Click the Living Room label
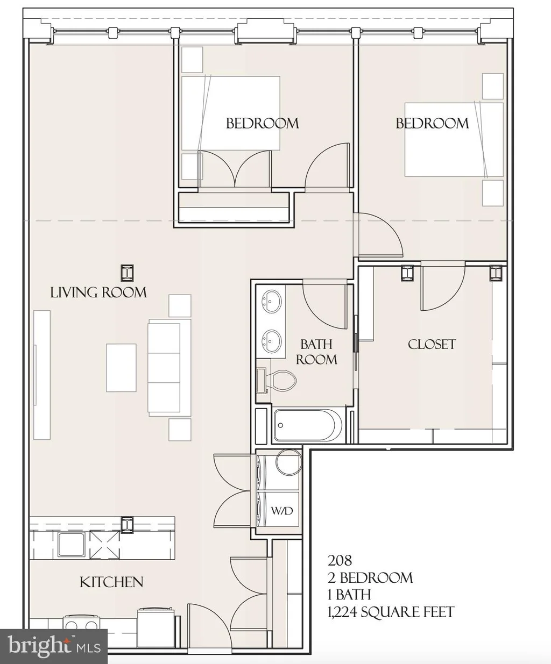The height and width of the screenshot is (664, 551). coord(98,292)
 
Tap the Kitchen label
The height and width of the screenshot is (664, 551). coord(111,582)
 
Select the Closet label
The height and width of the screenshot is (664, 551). coord(432,345)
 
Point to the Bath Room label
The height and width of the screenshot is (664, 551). coord(316,352)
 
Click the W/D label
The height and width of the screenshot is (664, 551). coord(282,511)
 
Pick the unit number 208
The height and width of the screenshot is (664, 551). coord(340,561)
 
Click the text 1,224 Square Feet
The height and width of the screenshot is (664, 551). coord(391,612)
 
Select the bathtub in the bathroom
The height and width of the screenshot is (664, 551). coord(308,425)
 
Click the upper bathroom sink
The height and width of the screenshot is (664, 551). coord(271,300)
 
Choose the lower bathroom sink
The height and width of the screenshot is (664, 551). coord(271,340)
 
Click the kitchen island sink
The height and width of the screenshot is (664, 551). coord(71,545)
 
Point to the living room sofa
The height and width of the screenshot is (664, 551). coord(169,368)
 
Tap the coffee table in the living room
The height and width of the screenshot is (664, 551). coord(121,368)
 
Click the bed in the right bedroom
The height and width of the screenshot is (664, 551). coord(454,139)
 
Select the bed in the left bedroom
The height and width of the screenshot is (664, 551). coord(230,113)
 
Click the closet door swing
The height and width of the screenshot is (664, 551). coord(443,286)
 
